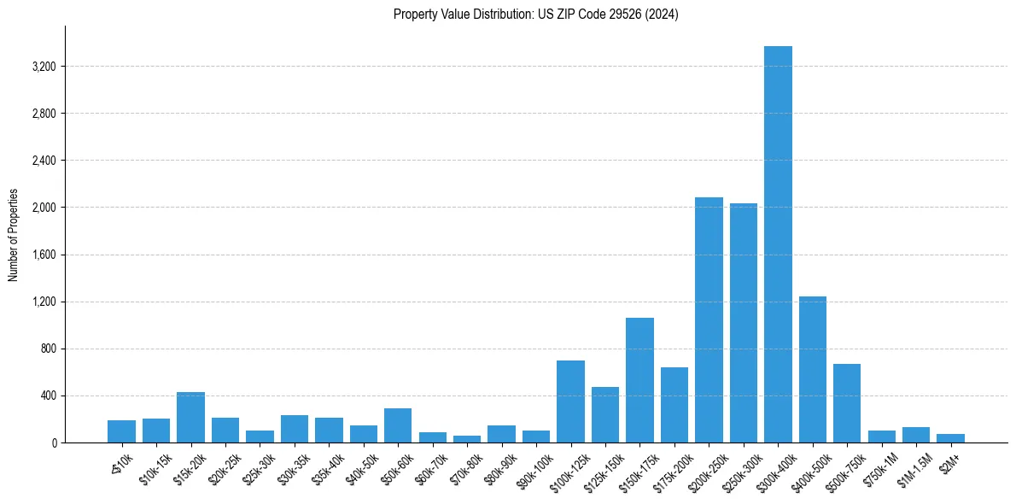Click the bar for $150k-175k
[x=639, y=380]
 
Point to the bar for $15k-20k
[x=190, y=418]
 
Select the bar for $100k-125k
[x=570, y=401]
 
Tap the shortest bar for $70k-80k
[x=467, y=439]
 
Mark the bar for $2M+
[x=950, y=438]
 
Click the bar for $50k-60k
[x=398, y=425]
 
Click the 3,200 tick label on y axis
[x=42, y=67]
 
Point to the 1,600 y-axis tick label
[x=42, y=255]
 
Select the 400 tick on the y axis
[x=47, y=396]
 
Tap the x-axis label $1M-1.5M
[x=914, y=468]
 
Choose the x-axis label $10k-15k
[x=155, y=468]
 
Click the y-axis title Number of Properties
[x=13, y=235]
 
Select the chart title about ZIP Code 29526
[x=536, y=14]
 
